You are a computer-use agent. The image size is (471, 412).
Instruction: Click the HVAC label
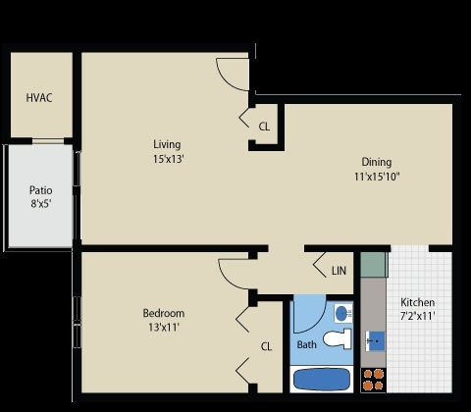tap(39, 99)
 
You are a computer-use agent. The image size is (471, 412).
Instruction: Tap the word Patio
tap(40, 191)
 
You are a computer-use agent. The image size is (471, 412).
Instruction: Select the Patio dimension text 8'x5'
tap(40, 206)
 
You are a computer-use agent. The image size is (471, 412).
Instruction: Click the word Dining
tap(376, 162)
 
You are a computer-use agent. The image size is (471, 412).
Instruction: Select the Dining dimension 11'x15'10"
tap(376, 177)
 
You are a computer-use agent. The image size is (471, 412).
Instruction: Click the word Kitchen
tap(418, 303)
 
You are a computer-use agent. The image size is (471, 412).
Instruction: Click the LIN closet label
tap(339, 271)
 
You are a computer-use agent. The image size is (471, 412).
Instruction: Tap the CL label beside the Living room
tap(264, 127)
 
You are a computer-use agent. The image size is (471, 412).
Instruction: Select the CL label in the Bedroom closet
tap(265, 346)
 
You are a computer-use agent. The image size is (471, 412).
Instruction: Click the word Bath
tap(306, 345)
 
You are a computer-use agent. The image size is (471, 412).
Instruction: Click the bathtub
tap(323, 379)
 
